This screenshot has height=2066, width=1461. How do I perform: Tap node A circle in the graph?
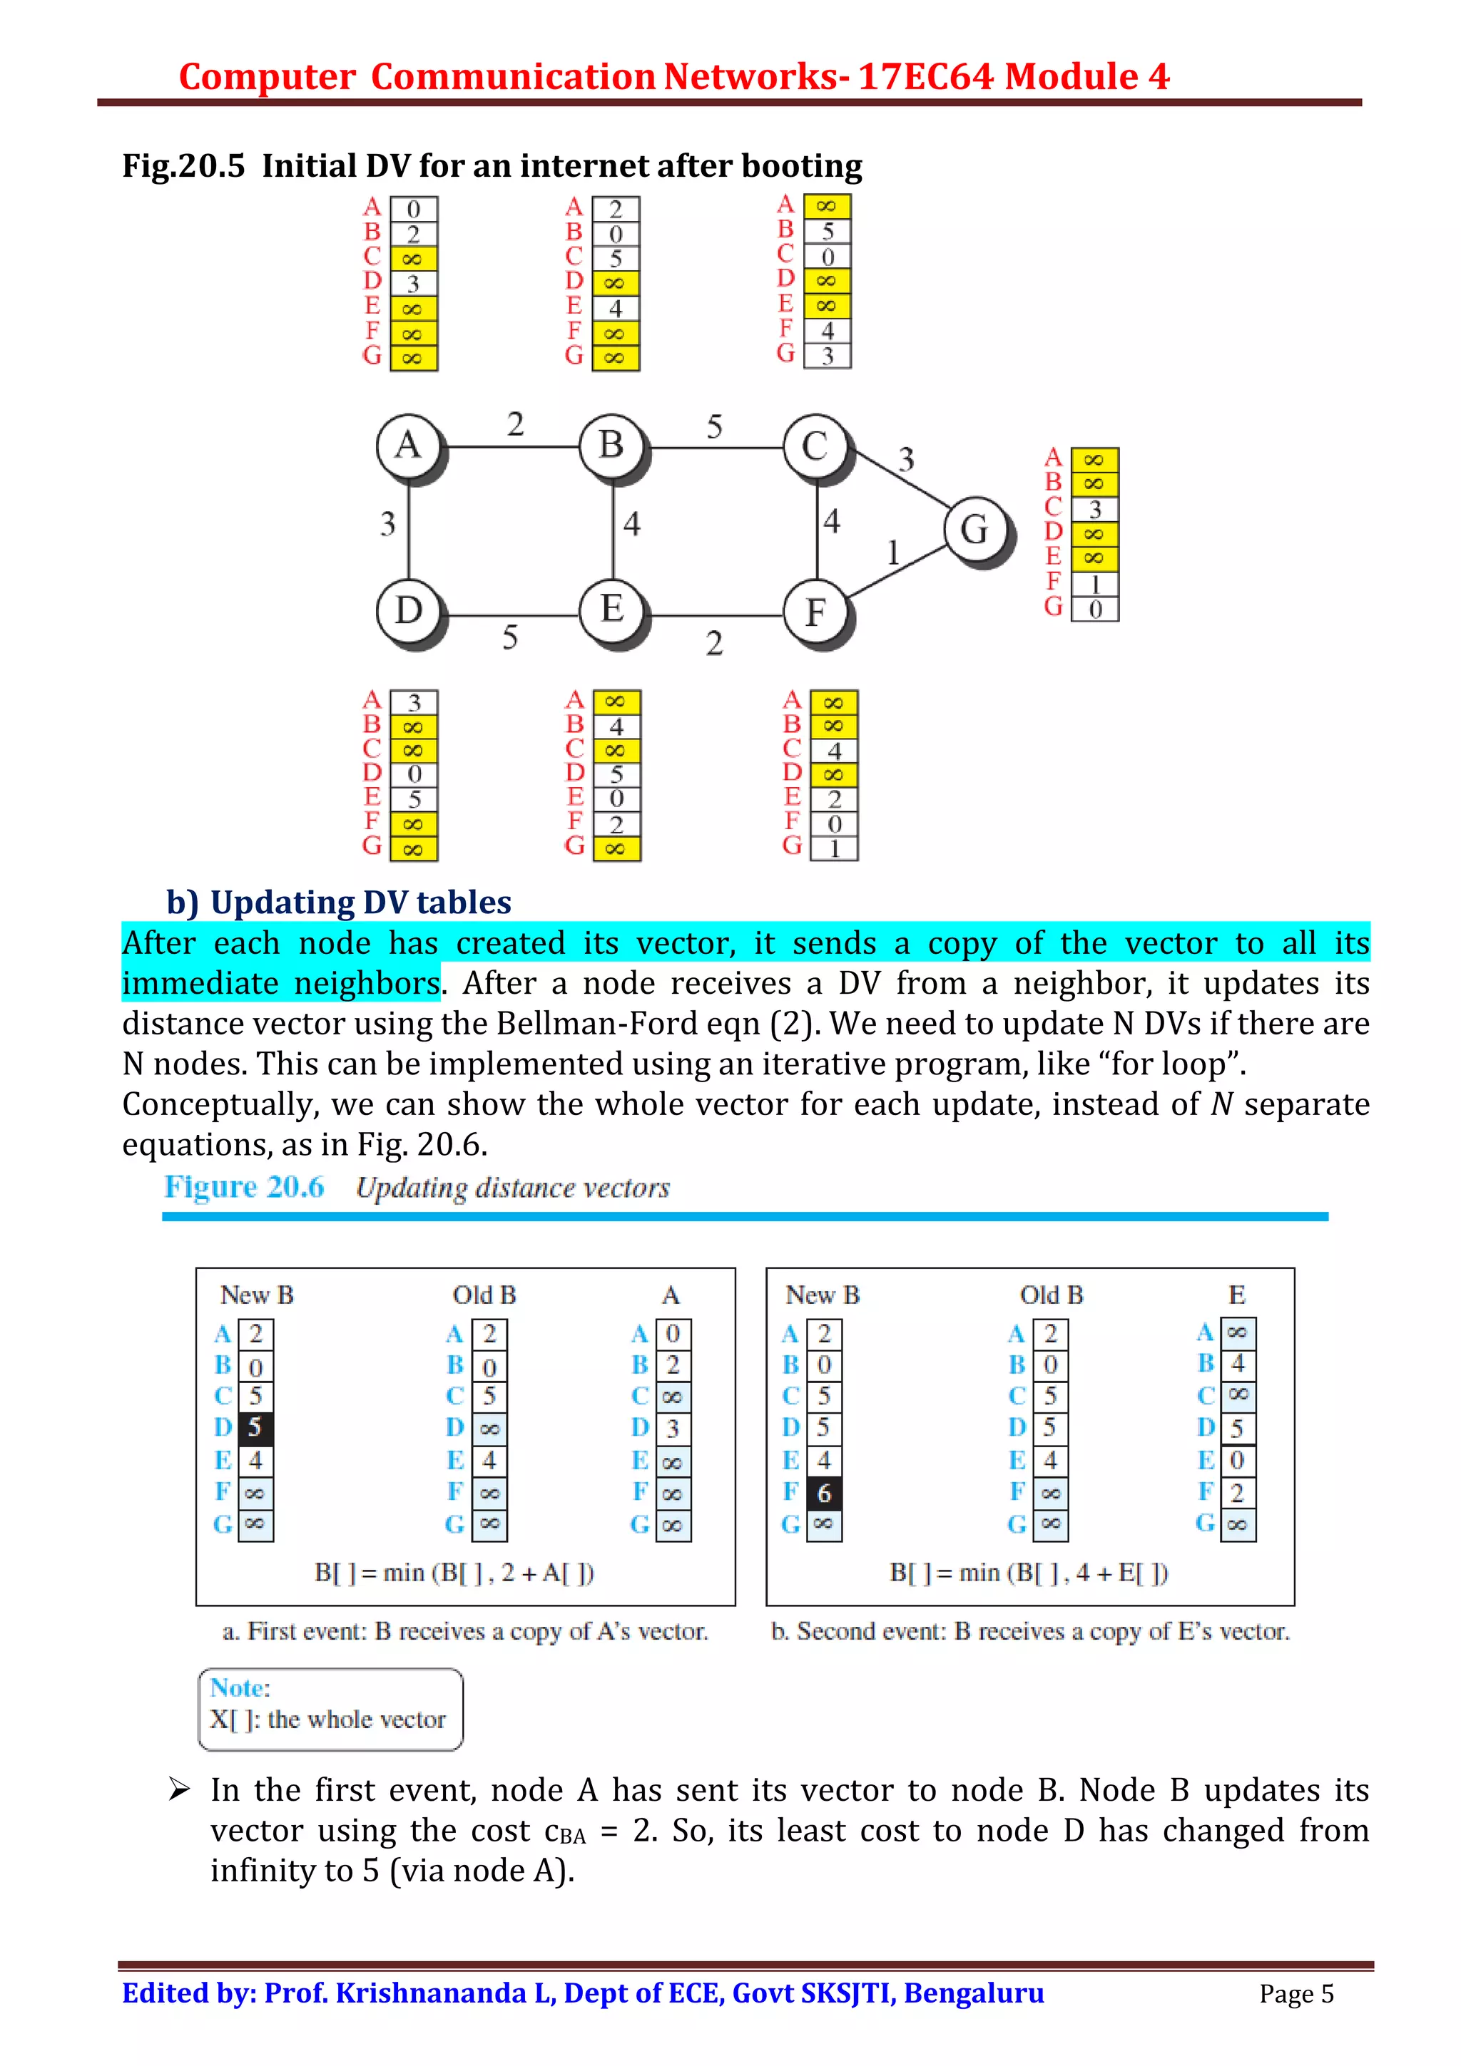tap(409, 445)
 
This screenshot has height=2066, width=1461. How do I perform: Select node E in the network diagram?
tap(612, 610)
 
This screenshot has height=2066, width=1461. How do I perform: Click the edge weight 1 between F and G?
tap(893, 552)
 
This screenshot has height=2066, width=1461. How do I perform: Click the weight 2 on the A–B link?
tap(515, 423)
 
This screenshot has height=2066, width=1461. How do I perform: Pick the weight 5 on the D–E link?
tap(509, 638)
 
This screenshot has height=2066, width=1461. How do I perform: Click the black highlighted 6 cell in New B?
tap(823, 1493)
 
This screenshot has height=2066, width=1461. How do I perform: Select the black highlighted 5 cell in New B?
tap(255, 1427)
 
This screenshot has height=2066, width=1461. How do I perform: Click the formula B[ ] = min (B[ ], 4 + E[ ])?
tap(1028, 1572)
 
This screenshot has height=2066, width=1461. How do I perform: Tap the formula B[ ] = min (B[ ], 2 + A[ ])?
tap(454, 1572)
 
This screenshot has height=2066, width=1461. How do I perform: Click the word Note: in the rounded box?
tap(240, 1687)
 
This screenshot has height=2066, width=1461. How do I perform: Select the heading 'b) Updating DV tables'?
tap(338, 902)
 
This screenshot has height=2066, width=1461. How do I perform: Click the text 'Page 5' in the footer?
tap(1295, 1993)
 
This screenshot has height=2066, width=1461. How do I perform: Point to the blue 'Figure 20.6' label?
tap(243, 1187)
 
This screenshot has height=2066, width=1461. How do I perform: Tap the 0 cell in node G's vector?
tap(1094, 610)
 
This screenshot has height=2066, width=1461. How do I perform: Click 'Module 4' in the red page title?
tap(1086, 76)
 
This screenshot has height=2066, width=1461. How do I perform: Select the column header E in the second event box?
tap(1236, 1295)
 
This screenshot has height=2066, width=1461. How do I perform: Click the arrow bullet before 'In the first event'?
tap(178, 1790)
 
